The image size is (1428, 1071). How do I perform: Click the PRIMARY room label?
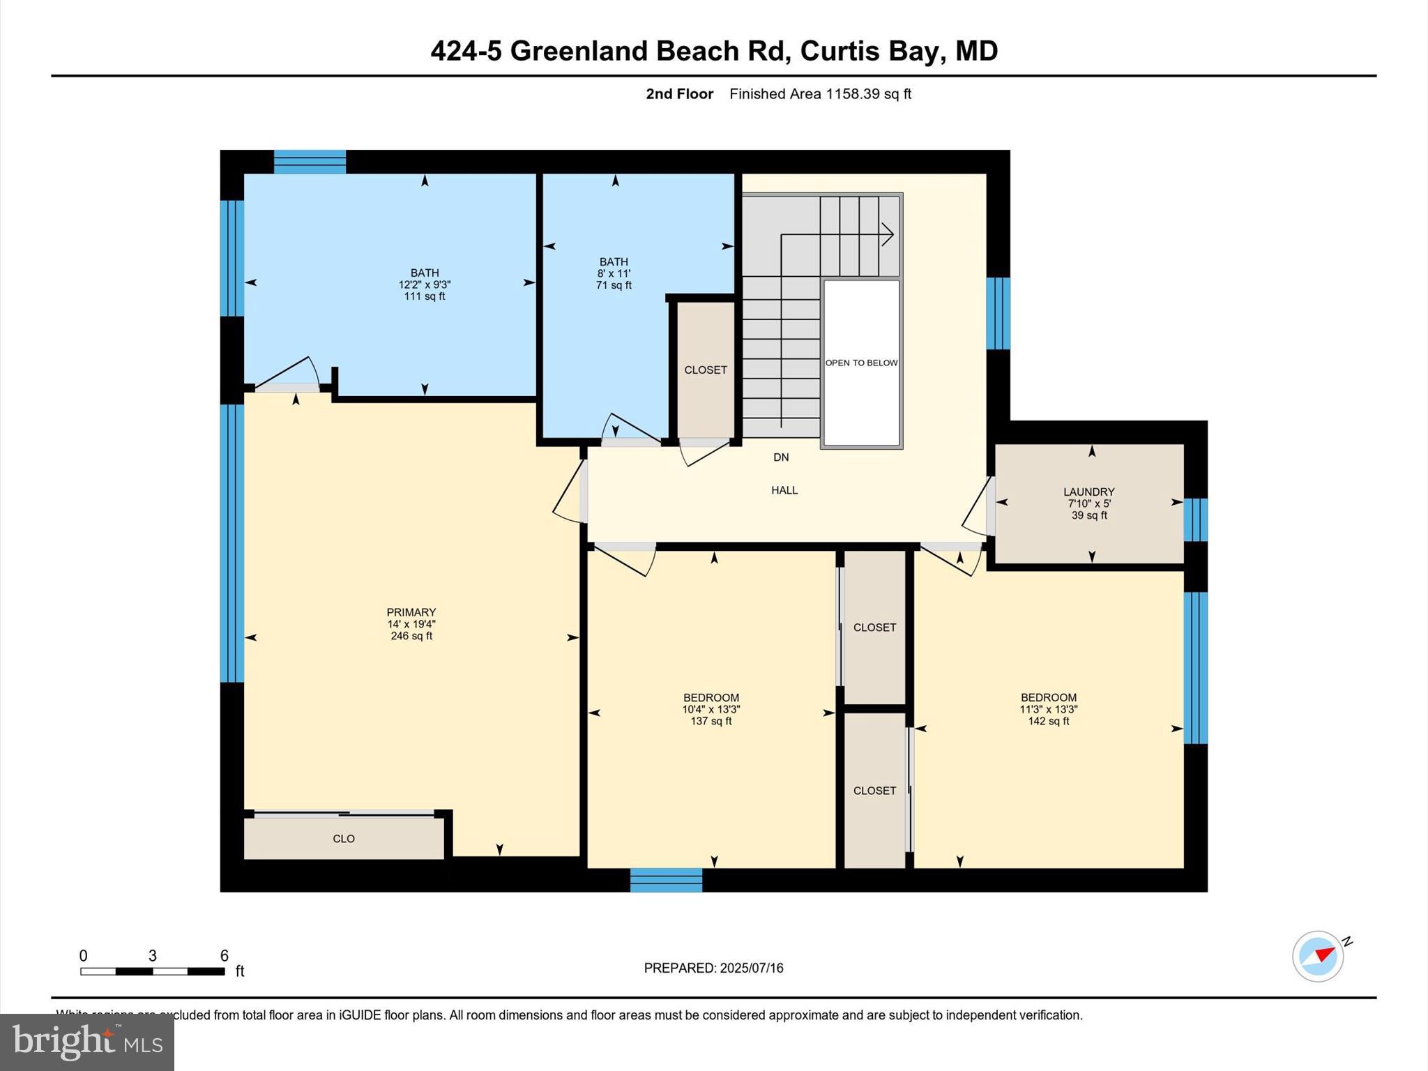click(411, 612)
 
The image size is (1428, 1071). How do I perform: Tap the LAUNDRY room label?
click(1088, 492)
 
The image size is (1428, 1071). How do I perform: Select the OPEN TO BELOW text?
click(861, 363)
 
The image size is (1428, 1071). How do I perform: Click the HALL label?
click(784, 490)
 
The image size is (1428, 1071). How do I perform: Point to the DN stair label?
click(781, 457)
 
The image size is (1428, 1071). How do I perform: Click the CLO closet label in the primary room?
click(344, 839)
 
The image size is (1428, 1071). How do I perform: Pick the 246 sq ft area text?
click(411, 636)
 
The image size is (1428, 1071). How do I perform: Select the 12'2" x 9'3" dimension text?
click(425, 284)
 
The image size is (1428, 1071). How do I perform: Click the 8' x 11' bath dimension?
click(614, 273)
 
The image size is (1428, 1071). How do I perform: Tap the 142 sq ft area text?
click(1048, 721)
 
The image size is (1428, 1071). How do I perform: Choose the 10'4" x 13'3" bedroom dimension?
click(711, 709)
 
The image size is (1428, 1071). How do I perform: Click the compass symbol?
click(1318, 957)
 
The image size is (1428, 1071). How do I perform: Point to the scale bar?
click(152, 971)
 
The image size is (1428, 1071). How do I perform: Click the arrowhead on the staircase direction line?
click(888, 234)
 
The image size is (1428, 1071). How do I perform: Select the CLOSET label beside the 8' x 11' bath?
click(706, 370)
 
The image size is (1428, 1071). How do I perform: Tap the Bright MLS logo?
click(87, 1042)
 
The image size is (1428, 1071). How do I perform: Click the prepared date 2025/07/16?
click(752, 968)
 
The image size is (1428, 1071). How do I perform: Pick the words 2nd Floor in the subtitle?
click(679, 94)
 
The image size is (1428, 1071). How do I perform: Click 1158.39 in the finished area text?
click(852, 94)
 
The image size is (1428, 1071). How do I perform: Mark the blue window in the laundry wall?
click(1195, 519)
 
